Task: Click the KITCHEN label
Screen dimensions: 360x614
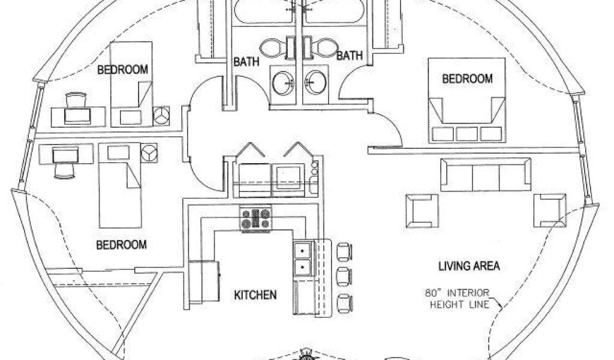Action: pos(255,295)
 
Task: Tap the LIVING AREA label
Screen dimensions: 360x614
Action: pos(469,265)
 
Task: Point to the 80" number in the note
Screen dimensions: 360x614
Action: pos(431,293)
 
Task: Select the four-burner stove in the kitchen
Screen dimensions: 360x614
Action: pos(255,218)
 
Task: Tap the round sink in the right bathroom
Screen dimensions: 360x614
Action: pos(314,80)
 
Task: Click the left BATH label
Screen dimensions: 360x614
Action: pos(246,60)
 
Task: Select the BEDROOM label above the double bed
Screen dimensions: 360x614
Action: pos(467,79)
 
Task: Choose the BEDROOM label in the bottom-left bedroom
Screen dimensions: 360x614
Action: pos(122,245)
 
